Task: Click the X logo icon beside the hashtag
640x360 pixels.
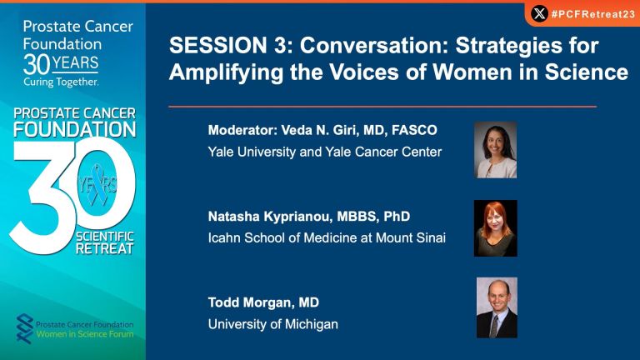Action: (539, 14)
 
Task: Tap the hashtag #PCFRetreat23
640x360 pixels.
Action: (592, 14)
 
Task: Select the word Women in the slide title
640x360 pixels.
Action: (472, 72)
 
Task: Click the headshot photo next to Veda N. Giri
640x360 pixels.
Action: (496, 150)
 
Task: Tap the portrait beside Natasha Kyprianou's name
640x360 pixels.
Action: (496, 228)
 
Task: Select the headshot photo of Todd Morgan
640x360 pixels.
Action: (497, 307)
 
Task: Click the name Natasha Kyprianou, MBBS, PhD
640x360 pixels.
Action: (309, 217)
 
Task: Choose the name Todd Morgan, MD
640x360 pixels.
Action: (263, 302)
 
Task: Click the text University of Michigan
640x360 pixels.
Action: (273, 324)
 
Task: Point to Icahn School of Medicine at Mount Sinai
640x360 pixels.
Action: (327, 237)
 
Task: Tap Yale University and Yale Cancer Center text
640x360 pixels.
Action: (325, 152)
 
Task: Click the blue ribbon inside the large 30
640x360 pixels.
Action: (97, 184)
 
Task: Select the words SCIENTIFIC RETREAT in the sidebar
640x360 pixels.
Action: (105, 242)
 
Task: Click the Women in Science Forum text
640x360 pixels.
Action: (85, 334)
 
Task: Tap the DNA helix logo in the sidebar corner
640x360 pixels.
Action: (24, 328)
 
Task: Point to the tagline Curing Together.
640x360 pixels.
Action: (61, 82)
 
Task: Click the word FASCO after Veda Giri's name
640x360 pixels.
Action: (414, 130)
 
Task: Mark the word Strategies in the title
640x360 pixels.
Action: (527, 45)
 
